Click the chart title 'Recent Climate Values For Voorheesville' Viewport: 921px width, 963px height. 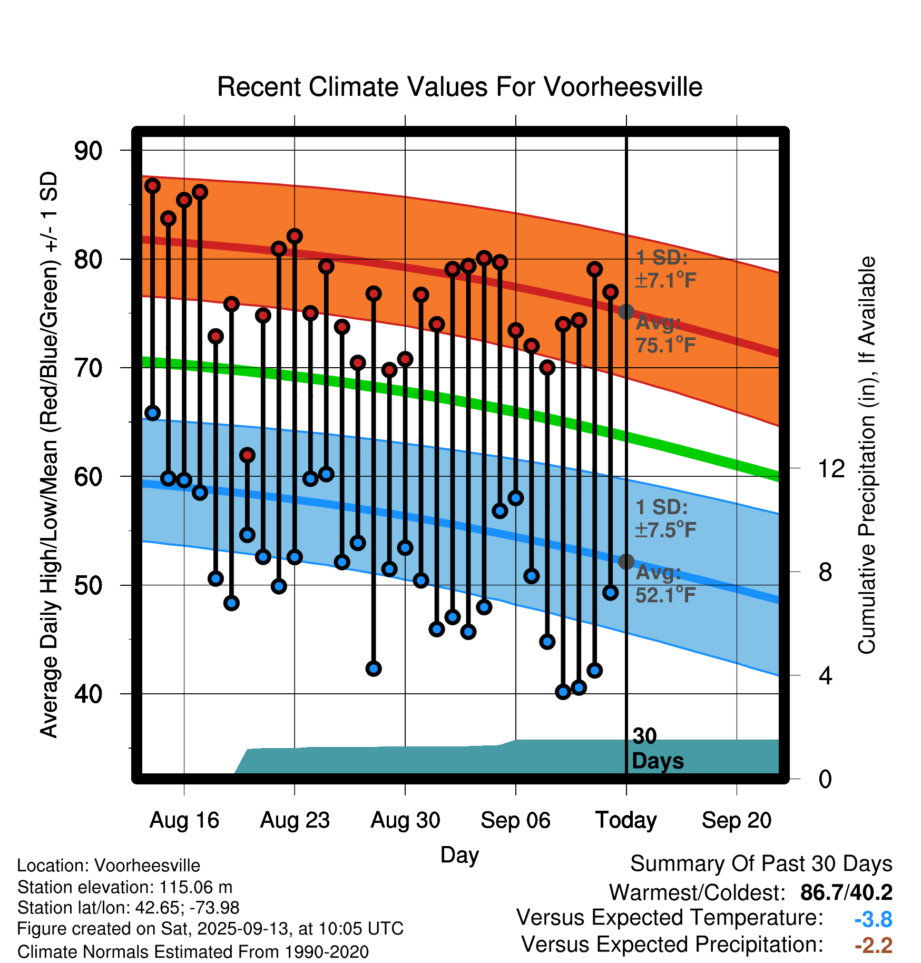459,87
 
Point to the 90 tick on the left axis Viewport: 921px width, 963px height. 88,151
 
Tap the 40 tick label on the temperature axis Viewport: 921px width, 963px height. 88,694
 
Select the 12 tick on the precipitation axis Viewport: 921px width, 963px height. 831,468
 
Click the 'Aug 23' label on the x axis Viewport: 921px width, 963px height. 295,820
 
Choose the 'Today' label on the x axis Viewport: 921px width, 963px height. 626,820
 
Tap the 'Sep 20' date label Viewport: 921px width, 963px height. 736,820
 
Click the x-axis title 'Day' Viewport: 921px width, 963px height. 459,855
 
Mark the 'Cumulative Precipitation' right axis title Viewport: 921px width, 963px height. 867,455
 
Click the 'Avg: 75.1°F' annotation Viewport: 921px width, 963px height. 665,334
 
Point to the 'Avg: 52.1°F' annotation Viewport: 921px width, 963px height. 665,584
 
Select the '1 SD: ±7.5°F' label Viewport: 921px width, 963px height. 665,518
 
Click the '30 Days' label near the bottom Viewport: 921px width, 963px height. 657,749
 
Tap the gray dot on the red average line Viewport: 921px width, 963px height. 626,312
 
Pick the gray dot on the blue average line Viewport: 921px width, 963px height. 626,562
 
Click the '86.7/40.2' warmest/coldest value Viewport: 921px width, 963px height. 846,892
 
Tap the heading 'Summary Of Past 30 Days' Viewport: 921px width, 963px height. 761,864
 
